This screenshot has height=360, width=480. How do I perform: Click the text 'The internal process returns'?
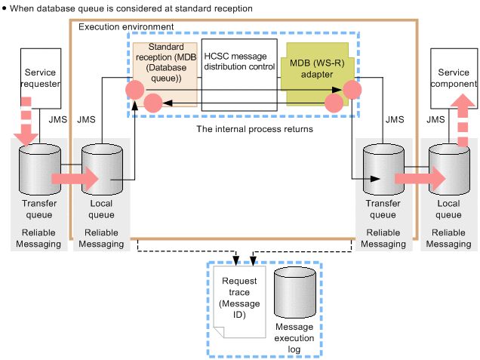pyautogui.click(x=244, y=129)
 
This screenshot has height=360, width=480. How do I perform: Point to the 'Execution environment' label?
pyautogui.click(x=126, y=27)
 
